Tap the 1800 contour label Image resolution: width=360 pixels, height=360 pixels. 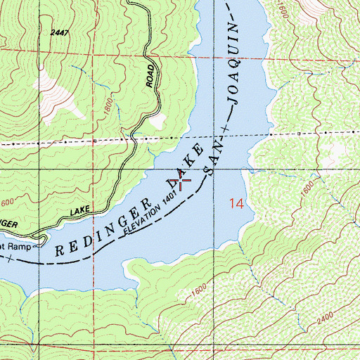tap(106, 105)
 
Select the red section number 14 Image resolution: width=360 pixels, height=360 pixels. tap(237, 204)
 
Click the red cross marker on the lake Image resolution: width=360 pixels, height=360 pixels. tap(183, 182)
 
